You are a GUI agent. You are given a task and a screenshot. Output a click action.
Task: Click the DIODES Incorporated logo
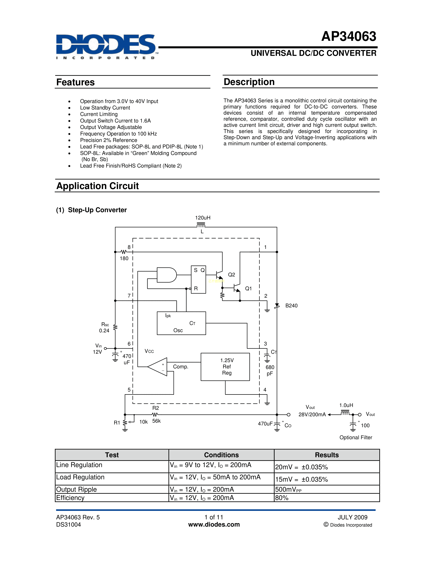pyautogui.click(x=106, y=46)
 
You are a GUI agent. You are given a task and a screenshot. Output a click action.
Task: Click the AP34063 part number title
pyautogui.click(x=349, y=37)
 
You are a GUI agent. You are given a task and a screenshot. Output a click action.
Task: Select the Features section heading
pyautogui.click(x=75, y=82)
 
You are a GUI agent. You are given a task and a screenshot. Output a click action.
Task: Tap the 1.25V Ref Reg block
pyautogui.click(x=225, y=367)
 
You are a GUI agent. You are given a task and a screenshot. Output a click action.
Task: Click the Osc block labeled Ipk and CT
pyautogui.click(x=181, y=323)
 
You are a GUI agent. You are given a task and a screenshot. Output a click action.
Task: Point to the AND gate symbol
pyautogui.click(x=166, y=275)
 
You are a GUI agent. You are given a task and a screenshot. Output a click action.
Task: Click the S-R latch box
pyautogui.click(x=198, y=279)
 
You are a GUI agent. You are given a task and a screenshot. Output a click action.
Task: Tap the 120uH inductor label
pyautogui.click(x=203, y=218)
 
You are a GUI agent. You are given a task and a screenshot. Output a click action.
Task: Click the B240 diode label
pyautogui.click(x=291, y=306)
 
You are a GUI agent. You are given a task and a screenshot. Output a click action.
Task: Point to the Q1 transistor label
pyautogui.click(x=248, y=288)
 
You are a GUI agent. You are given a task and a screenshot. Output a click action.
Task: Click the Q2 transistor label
pyautogui.click(x=231, y=275)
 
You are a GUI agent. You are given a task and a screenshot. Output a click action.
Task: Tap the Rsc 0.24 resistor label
pyautogui.click(x=105, y=328)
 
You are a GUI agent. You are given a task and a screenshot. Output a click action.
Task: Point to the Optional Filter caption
pyautogui.click(x=356, y=437)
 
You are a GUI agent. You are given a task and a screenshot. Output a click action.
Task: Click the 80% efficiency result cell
pyautogui.click(x=282, y=498)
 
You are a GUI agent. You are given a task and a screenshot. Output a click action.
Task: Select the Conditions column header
pyautogui.click(x=221, y=455)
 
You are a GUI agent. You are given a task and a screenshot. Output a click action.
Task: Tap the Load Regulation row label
pyautogui.click(x=80, y=477)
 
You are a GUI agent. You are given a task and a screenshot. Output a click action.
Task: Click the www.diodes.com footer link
pyautogui.click(x=214, y=524)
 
